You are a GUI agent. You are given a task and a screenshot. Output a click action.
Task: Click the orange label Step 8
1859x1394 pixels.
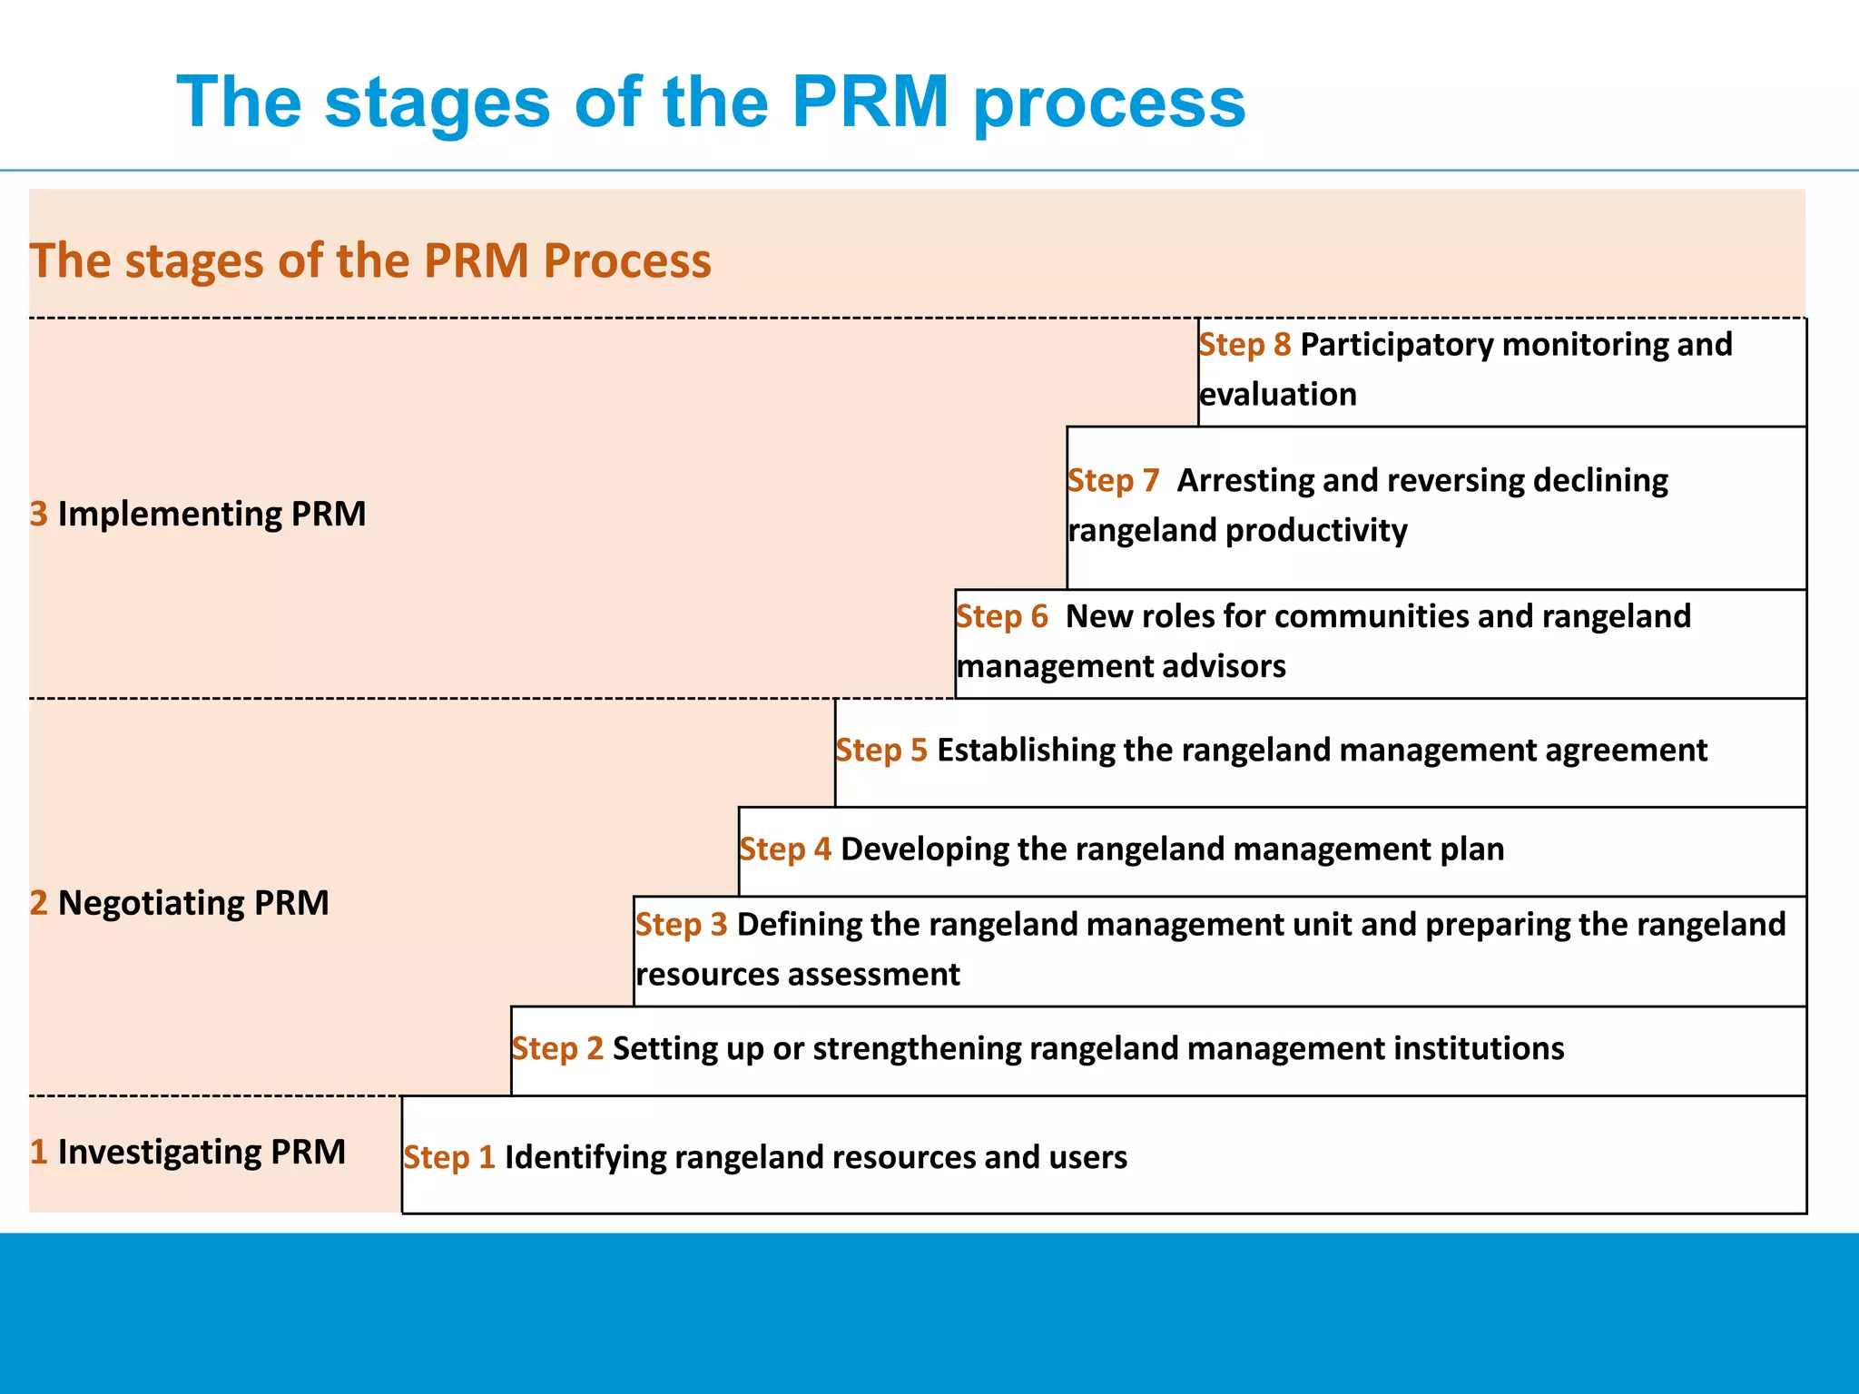[x=1244, y=345]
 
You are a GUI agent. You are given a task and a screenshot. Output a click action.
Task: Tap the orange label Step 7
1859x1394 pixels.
[x=1113, y=480]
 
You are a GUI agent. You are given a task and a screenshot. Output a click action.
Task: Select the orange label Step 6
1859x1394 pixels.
[x=1001, y=616]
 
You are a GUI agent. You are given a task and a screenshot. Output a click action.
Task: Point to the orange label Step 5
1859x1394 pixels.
[x=880, y=751]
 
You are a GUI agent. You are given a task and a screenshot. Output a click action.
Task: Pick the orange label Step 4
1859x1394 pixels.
[x=784, y=849]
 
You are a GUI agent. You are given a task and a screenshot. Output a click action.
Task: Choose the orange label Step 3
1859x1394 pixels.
[x=681, y=925]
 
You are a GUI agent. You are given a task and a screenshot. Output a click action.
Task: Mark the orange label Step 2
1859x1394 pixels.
[x=557, y=1049]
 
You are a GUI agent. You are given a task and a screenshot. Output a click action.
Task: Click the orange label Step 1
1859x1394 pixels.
[x=449, y=1158]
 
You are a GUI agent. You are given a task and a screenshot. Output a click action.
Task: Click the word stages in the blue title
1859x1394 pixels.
[x=437, y=103]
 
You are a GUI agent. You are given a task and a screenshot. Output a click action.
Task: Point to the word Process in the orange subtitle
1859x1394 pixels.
[x=626, y=261]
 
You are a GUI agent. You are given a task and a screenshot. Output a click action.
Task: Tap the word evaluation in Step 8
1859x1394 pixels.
[x=1277, y=395]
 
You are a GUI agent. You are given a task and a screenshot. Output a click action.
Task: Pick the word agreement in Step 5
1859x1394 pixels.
[x=1630, y=751]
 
